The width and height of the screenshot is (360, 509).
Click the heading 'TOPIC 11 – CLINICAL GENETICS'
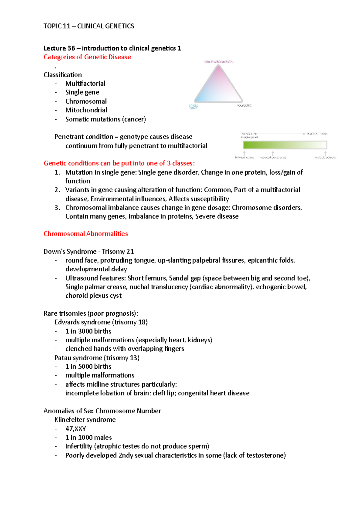pos(88,26)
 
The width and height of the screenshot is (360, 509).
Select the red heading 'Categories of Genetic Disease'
pos(87,57)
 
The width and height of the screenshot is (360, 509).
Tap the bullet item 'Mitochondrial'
pos(86,110)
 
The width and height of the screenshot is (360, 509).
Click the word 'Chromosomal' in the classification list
pos(86,101)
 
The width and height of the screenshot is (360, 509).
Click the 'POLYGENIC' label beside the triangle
pos(244,106)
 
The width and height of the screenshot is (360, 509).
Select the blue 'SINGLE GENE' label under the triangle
pos(193,107)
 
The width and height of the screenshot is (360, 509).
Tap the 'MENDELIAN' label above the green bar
pos(249,134)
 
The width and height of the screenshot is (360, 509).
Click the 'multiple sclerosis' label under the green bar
pos(325,157)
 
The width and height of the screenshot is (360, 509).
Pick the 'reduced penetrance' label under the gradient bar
pos(273,157)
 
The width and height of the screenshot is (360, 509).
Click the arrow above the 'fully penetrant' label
pos(244,153)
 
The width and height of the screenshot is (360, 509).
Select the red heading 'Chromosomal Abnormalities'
pos(85,234)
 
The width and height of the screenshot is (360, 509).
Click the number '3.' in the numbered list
pos(57,208)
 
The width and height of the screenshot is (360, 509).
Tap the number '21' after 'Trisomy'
pos(130,252)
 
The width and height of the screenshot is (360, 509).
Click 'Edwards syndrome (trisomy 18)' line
pos(101,322)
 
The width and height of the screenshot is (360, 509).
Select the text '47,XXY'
pos(75,429)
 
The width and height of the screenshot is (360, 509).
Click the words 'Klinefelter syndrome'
pos(85,420)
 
